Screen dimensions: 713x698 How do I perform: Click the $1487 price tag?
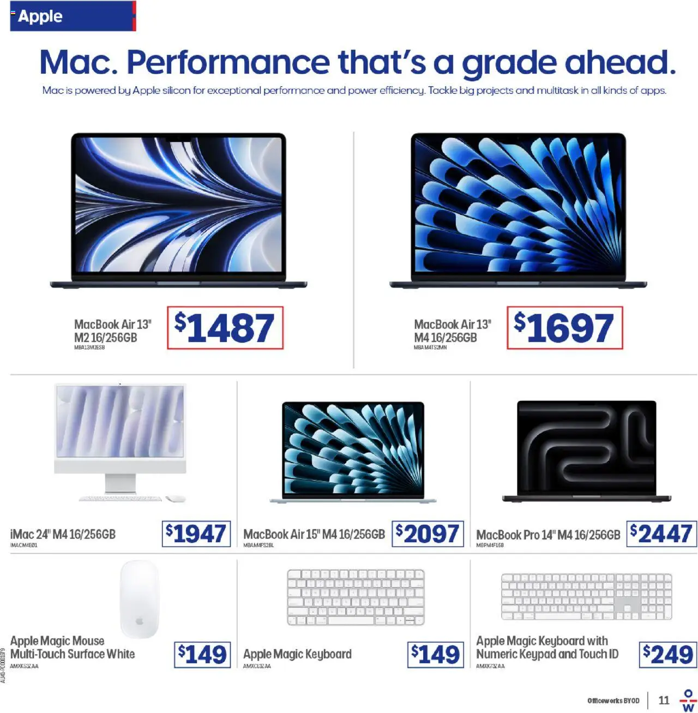pos(225,328)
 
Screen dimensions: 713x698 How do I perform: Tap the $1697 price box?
pos(564,328)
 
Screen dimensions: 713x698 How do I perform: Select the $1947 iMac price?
pos(196,534)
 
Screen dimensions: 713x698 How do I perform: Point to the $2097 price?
pos(428,534)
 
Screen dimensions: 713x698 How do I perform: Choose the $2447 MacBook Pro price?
pos(661,534)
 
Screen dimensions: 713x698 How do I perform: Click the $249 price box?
pos(668,654)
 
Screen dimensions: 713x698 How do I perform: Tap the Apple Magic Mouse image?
pos(140,598)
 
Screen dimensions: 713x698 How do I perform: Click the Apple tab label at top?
pos(40,16)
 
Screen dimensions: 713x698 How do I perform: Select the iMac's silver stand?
pos(121,483)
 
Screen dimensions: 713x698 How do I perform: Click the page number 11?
pos(664,700)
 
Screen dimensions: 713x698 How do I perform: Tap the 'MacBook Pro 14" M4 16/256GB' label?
pos(548,535)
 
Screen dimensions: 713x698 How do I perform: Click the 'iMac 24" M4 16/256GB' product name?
pos(63,534)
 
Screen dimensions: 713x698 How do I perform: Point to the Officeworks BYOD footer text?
pos(613,700)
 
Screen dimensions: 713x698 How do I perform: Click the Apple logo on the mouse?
pos(140,621)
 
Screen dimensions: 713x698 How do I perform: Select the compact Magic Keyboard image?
pos(356,597)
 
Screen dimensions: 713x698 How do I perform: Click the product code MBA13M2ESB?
pos(89,347)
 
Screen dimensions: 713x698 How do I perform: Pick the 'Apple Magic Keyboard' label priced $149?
pos(297,654)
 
